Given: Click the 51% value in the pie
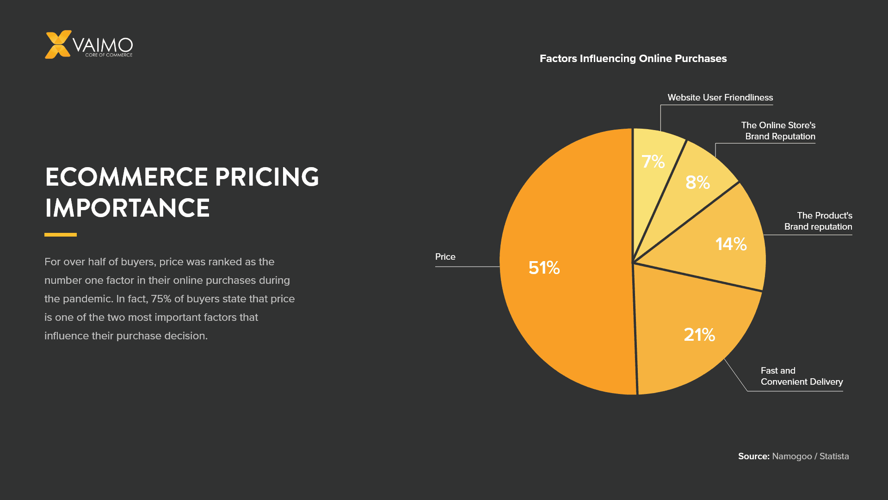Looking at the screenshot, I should coord(544,268).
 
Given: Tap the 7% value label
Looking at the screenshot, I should coord(653,162).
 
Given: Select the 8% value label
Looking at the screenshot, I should coord(697,182).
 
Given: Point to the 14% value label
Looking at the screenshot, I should coord(731,244).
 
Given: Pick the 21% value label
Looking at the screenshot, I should coord(699,334).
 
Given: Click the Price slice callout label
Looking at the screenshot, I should coord(445,257).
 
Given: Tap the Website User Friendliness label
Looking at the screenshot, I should coord(720,98).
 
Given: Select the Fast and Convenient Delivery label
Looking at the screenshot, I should coord(801,376).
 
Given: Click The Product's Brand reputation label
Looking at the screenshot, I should coord(818,221).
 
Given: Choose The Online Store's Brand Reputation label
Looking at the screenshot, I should coord(778,131).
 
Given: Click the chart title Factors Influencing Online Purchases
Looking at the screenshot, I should coord(633,59).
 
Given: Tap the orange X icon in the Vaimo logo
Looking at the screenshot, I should coord(58,44).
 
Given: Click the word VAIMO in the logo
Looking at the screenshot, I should coord(103,45).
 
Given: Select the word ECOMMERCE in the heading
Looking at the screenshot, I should coord(126,177).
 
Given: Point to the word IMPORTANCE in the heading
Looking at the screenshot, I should coord(127,208).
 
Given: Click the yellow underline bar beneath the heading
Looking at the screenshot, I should coord(61,235).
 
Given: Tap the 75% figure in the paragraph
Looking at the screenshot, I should coord(161,299).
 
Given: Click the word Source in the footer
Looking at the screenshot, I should coord(753,456).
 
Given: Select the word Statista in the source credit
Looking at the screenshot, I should coord(834,456).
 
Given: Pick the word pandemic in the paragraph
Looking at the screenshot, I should coord(88,299).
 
